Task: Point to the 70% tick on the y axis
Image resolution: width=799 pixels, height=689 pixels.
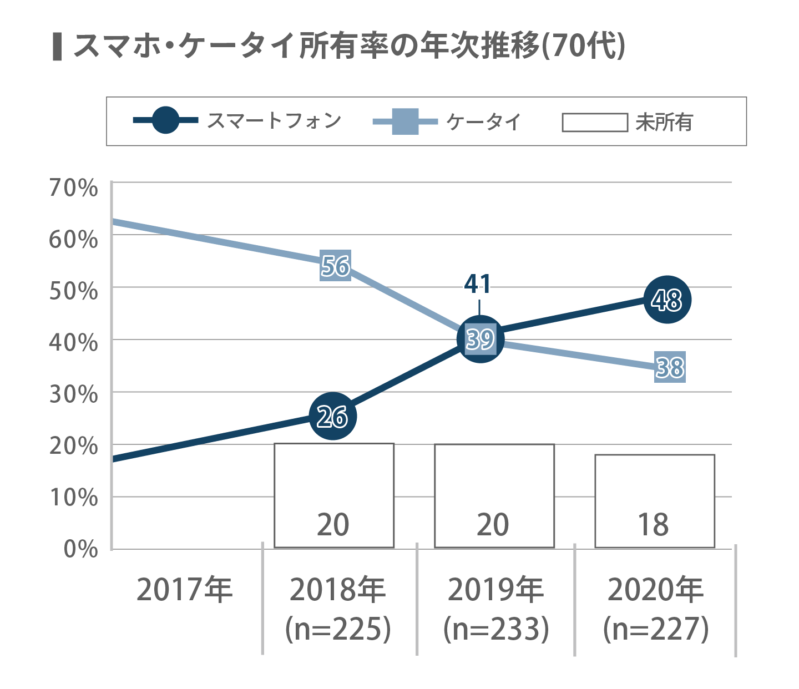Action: point(73,188)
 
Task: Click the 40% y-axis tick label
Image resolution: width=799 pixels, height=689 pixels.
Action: point(73,342)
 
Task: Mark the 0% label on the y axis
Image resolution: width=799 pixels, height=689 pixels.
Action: point(80,549)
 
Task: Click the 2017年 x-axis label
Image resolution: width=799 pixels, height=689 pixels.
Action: point(185,589)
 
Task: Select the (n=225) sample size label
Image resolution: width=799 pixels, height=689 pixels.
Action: point(338,629)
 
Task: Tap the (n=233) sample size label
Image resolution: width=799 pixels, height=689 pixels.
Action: point(496,629)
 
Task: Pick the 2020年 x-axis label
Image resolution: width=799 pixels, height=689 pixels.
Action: point(656,589)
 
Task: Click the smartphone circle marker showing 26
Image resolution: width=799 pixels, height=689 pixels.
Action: point(332,416)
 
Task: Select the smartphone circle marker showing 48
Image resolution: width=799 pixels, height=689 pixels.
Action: point(667,300)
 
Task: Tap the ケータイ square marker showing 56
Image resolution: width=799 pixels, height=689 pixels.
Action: point(336,266)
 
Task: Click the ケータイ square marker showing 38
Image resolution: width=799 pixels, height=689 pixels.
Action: point(670,367)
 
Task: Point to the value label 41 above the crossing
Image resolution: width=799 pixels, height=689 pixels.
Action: point(478,284)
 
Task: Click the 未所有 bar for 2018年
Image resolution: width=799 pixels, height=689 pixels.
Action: point(334,495)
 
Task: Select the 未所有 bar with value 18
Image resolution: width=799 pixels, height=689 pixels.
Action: point(655,501)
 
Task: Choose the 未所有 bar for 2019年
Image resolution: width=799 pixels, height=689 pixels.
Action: point(494,495)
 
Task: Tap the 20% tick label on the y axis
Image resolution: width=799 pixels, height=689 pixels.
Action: point(73,445)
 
